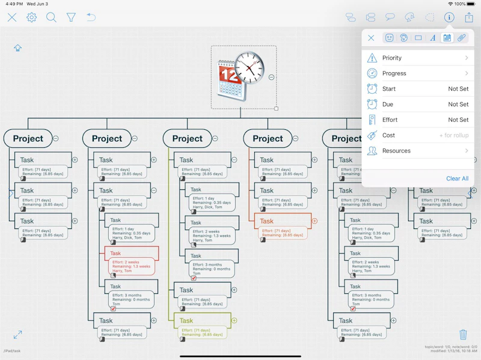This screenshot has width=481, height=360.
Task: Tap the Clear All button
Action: click(457, 178)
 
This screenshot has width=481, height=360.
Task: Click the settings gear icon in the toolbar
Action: click(31, 17)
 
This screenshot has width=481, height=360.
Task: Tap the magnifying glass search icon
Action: click(51, 17)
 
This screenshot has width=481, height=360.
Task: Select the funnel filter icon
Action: click(71, 17)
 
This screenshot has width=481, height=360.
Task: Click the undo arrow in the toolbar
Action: click(91, 17)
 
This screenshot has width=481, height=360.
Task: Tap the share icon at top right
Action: click(469, 17)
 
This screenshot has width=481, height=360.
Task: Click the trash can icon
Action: click(463, 334)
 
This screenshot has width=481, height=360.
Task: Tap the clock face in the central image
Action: click(249, 67)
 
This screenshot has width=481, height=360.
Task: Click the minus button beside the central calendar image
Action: click(272, 77)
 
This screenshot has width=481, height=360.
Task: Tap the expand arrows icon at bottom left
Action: click(18, 334)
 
